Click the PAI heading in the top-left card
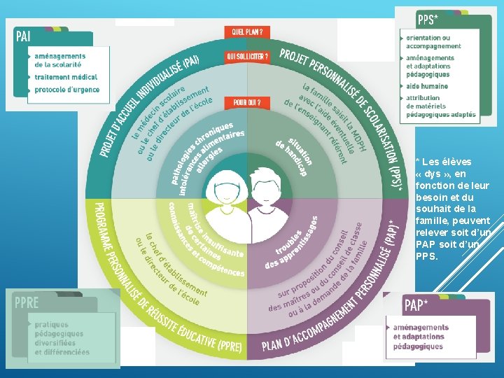pos(23,34)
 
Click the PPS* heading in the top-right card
pos(428,19)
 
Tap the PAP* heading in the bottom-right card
pos(416,305)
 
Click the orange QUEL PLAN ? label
pos(248,32)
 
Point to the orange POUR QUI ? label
pos(247,103)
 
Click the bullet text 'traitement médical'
pos(66,77)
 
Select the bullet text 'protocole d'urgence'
pos(67,90)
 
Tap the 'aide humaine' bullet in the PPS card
pos(427,86)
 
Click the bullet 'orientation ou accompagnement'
pos(433,42)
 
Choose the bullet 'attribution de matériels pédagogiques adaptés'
pos(440,106)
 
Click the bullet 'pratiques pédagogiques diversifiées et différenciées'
pos(62,338)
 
